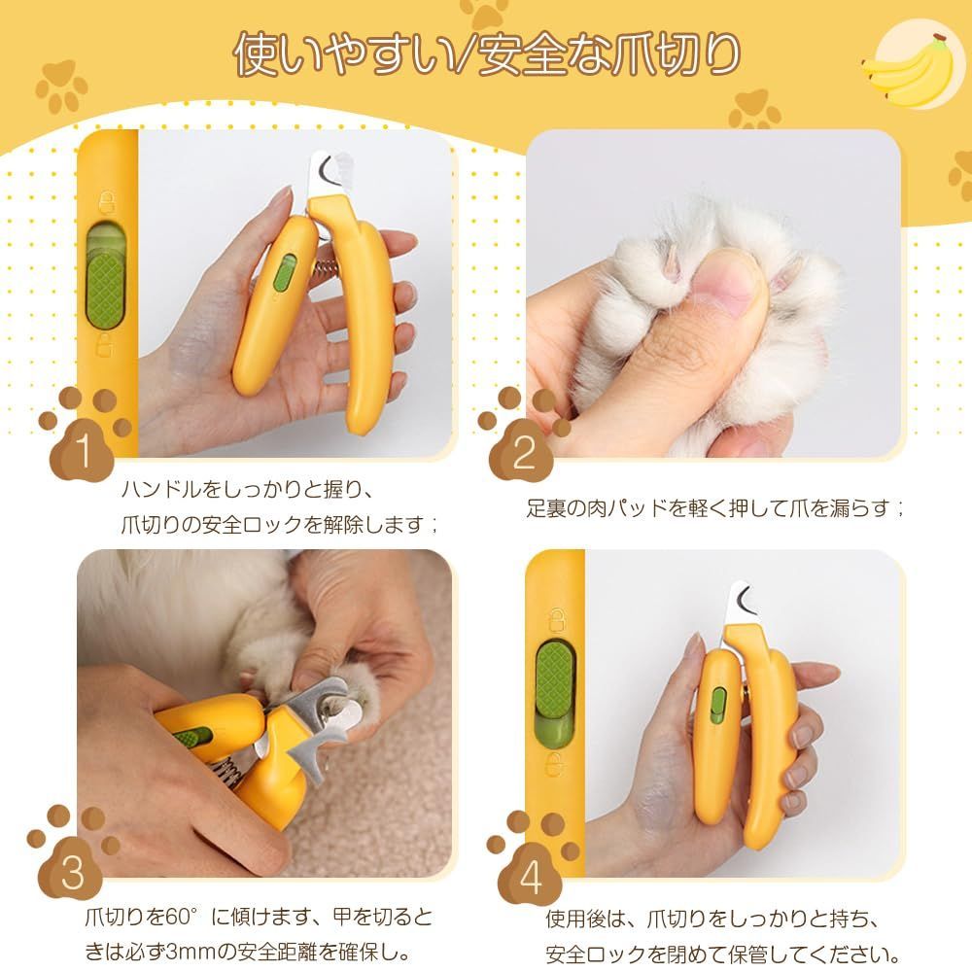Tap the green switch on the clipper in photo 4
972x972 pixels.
718,706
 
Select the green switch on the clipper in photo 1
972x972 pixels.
285,272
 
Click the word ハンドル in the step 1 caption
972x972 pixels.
161,490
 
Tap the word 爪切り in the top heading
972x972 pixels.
674,55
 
